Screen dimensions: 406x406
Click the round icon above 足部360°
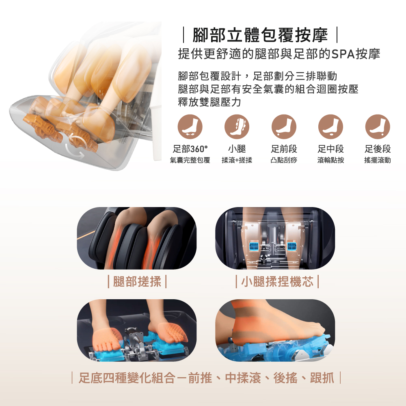click(190, 127)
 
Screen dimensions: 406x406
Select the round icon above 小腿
click(237, 127)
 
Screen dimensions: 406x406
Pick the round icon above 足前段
click(284, 127)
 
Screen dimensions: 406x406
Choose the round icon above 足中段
click(330, 127)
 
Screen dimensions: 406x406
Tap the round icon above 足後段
click(378, 127)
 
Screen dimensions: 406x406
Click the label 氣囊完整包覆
click(190, 160)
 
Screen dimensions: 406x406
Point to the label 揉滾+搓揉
click(237, 160)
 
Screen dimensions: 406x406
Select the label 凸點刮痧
click(284, 160)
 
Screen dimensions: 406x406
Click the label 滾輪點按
click(330, 160)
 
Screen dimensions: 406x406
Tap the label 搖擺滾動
click(378, 160)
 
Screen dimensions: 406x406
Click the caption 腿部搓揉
click(137, 282)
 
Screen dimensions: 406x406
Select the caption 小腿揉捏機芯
click(277, 282)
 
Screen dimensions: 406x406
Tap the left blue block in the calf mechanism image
click(254, 247)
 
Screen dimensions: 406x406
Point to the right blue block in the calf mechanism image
click(293, 247)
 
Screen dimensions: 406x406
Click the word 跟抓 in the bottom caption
click(322, 378)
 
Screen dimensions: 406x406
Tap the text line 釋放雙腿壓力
click(209, 102)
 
